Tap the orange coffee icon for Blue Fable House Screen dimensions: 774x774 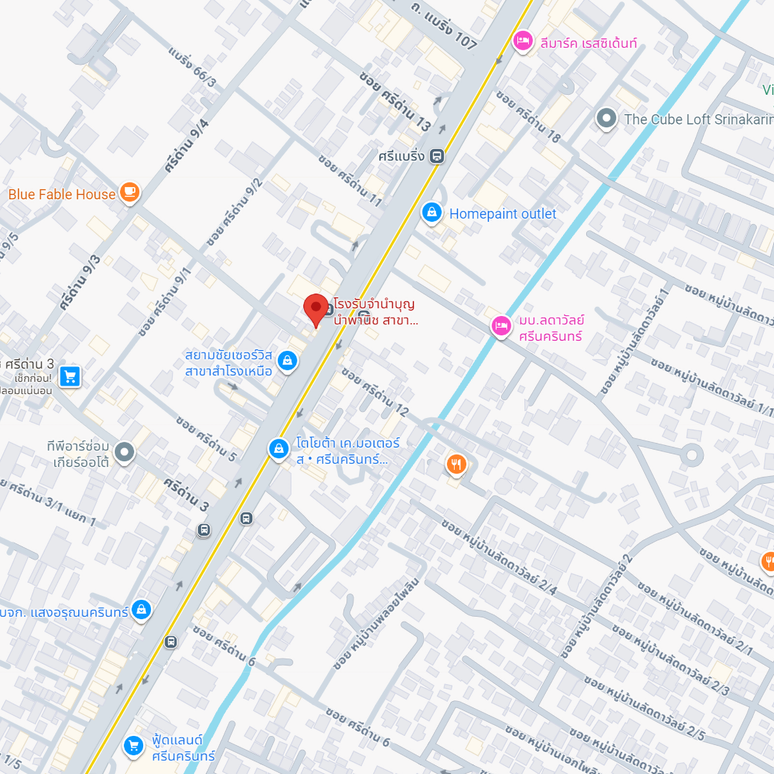click(x=130, y=193)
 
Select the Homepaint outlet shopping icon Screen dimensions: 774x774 click(x=432, y=212)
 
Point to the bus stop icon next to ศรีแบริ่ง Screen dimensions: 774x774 click(x=437, y=156)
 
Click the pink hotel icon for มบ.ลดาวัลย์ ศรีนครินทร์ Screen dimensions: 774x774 click(x=501, y=326)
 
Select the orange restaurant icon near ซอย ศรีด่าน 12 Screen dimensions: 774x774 click(x=456, y=464)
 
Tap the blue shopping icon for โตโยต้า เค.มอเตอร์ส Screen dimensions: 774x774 click(x=279, y=448)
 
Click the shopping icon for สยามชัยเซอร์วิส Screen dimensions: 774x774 click(x=287, y=360)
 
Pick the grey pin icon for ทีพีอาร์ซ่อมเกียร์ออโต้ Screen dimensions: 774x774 click(x=124, y=452)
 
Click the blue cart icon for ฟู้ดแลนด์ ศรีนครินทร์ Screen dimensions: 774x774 click(x=134, y=746)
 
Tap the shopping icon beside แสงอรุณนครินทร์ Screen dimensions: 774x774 click(x=141, y=610)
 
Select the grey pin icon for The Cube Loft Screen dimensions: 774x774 click(x=606, y=119)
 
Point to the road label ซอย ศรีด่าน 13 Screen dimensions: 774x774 click(x=395, y=101)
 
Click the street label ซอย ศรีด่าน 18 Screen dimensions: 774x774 click(x=528, y=114)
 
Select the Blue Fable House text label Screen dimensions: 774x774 click(x=62, y=194)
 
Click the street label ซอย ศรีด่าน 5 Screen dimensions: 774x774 click(x=206, y=439)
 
